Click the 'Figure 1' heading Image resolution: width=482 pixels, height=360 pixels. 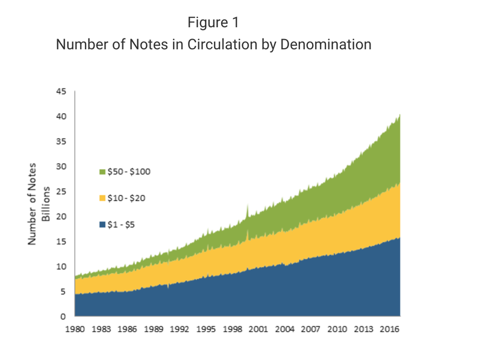(213, 23)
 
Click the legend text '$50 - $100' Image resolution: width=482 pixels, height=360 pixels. (128, 172)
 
